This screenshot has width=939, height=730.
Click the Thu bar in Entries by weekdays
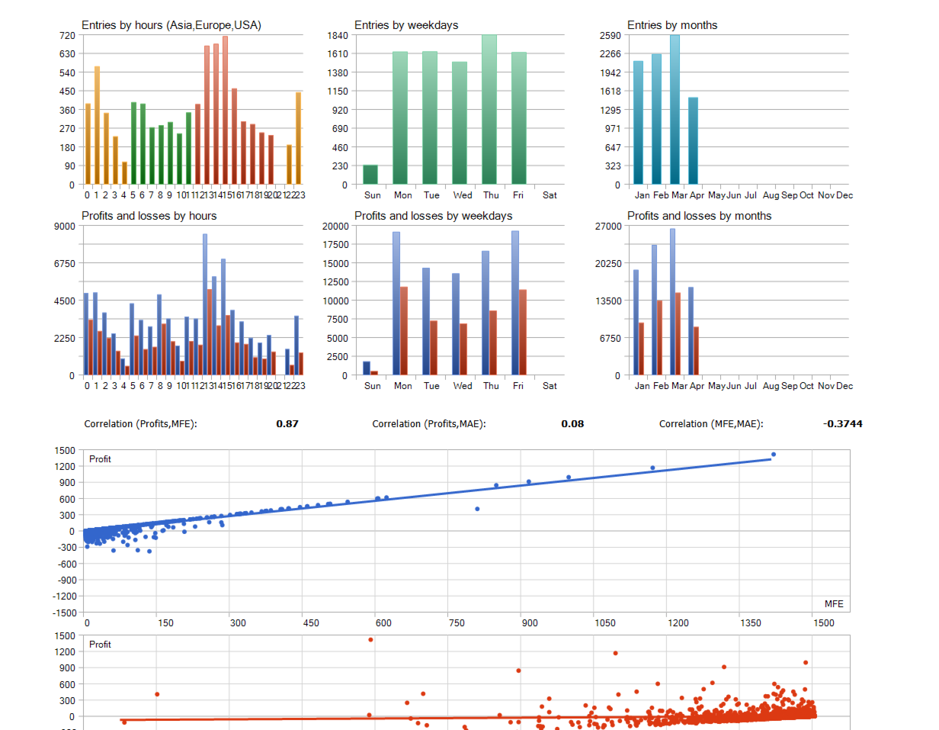489,110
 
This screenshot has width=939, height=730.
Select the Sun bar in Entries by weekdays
370,175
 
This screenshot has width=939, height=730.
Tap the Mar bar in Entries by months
675,110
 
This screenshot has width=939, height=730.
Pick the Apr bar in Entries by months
693,141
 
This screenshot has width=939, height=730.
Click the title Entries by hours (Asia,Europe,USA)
171,25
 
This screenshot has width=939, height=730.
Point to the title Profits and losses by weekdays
433,216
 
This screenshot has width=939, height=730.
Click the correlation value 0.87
287,423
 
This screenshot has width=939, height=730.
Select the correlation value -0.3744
843,423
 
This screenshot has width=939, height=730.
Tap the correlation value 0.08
572,423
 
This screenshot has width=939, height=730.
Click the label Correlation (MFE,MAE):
711,423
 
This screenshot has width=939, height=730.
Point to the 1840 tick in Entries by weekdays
338,35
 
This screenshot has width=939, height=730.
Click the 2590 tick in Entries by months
611,35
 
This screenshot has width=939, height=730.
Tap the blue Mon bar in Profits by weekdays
396,304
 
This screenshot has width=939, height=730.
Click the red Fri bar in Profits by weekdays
522,333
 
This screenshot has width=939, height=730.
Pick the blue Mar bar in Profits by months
672,302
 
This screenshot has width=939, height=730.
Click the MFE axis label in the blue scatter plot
834,604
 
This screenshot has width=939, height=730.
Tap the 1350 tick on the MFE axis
751,623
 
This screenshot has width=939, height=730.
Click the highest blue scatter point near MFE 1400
773,455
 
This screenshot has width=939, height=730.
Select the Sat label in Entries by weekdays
550,195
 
